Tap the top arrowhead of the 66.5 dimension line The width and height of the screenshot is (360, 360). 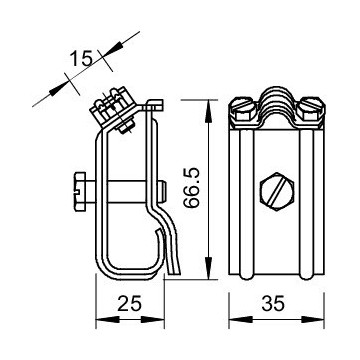209,102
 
